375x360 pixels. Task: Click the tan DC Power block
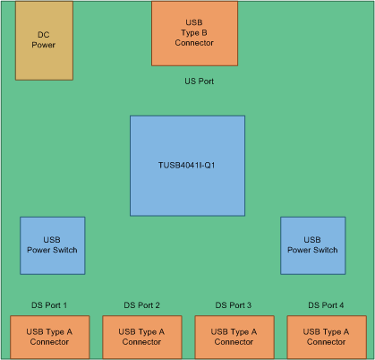44,40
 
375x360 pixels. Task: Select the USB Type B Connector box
194,33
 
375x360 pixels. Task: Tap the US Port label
199,81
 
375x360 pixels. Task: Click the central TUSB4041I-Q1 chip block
187,165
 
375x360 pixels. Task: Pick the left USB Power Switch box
53,245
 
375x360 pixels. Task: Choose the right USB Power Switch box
312,245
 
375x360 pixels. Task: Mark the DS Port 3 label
234,305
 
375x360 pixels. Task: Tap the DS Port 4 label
326,305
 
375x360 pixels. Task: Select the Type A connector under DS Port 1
48,337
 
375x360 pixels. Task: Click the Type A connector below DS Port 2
141,337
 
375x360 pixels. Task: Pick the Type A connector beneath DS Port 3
234,337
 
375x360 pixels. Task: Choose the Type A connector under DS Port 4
326,337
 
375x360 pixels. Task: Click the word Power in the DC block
44,46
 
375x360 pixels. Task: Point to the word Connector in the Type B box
194,43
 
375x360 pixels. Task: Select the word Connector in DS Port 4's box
326,342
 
